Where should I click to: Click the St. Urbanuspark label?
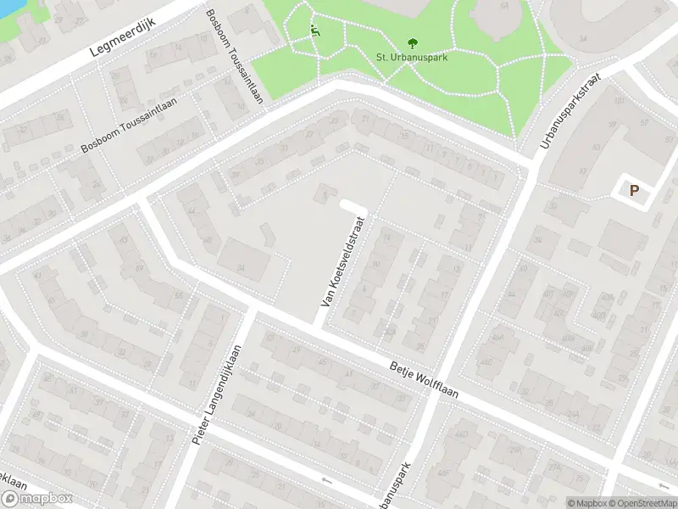pyautogui.click(x=412, y=57)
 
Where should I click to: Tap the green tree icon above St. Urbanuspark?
pyautogui.click(x=412, y=42)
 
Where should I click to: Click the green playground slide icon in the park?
pyautogui.click(x=315, y=32)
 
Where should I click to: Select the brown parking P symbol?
pyautogui.click(x=632, y=191)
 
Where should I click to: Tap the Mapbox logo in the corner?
pyautogui.click(x=36, y=499)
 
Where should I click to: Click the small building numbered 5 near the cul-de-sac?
pyautogui.click(x=324, y=194)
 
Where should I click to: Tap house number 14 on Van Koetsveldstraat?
pyautogui.click(x=386, y=239)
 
